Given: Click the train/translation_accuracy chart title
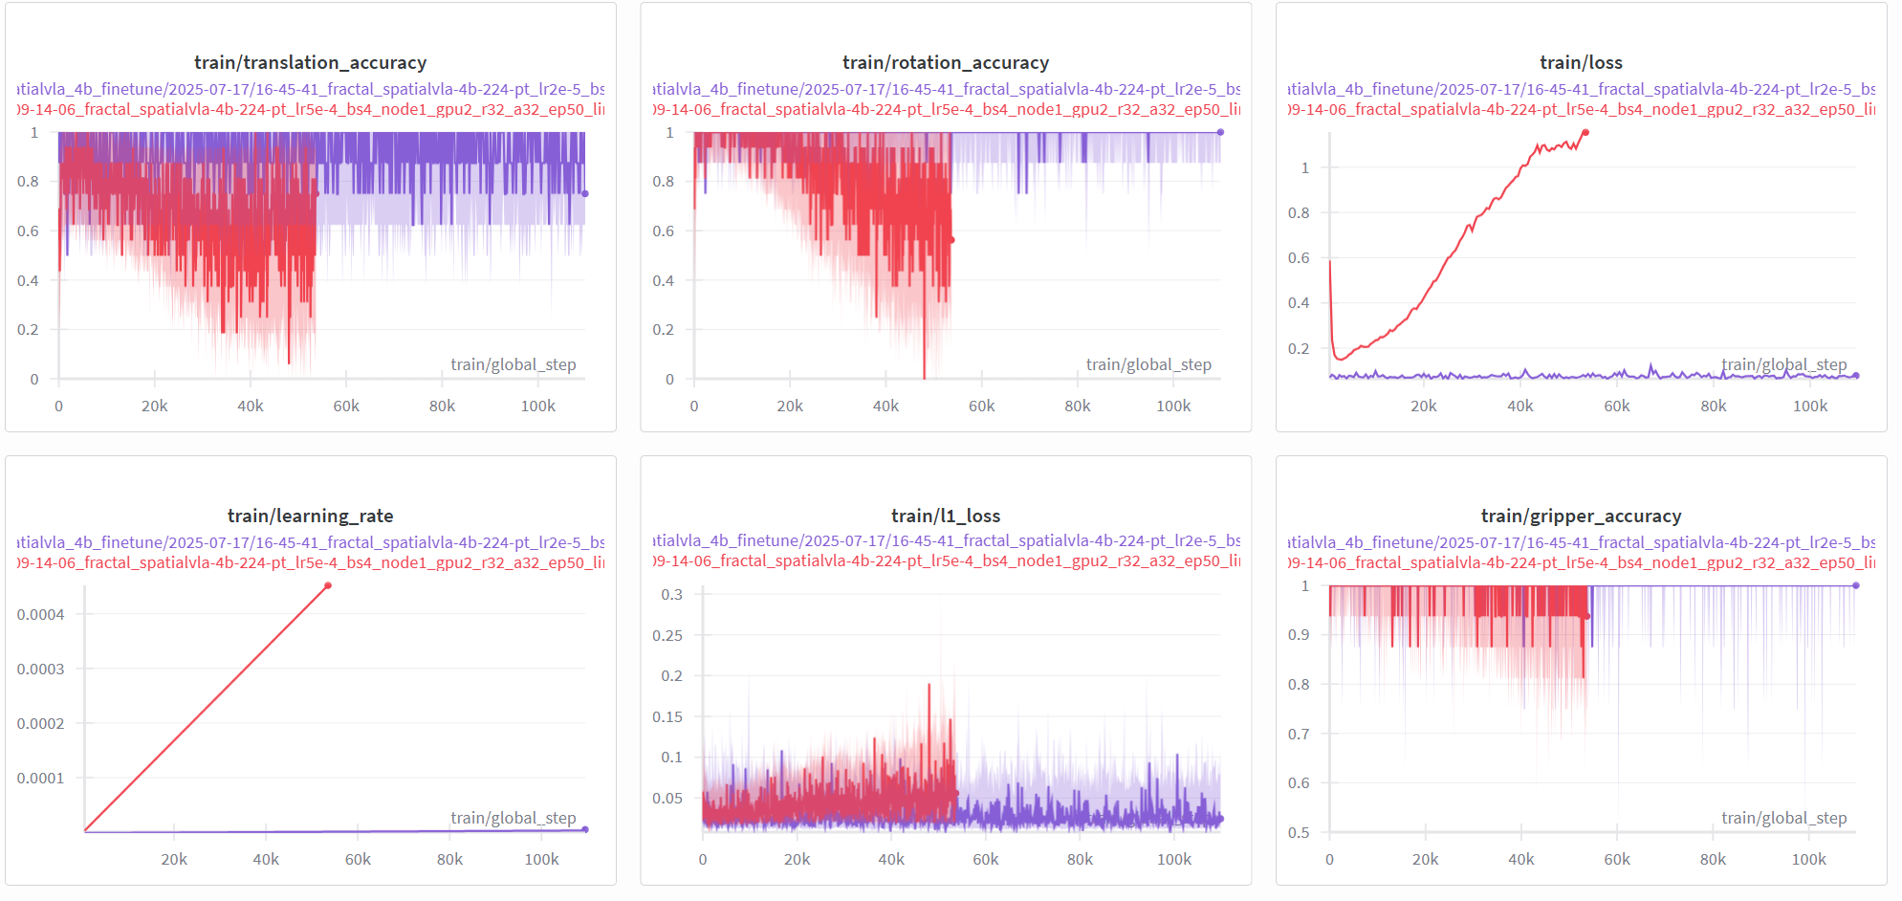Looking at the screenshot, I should point(310,62).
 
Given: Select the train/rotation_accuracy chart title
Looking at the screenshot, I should point(945,62).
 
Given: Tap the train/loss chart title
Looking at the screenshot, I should point(1581,62).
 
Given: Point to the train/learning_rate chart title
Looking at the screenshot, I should point(310,516).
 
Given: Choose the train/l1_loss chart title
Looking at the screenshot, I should point(945,516).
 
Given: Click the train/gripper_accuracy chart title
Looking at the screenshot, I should point(1581,516).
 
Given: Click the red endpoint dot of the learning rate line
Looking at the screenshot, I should point(328,585).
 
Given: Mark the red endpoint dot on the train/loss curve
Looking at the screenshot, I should point(1585,132).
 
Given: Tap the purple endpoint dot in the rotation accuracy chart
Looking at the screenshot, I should point(1220,132).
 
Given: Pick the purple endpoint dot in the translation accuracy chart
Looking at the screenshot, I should point(585,193).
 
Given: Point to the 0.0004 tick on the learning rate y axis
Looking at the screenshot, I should point(40,614).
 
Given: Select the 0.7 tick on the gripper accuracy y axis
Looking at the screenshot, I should point(1298,734).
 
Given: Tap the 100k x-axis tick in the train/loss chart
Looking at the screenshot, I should point(1809,406).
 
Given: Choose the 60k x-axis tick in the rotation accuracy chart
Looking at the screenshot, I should point(981,406).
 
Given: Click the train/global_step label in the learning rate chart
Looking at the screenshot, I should point(514,818).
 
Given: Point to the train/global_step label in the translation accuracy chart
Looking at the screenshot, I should point(514,364).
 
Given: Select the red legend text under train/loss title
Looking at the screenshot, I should point(1581,109).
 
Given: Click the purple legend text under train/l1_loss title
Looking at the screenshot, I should point(945,540).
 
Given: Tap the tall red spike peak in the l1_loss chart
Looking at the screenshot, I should point(929,685).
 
